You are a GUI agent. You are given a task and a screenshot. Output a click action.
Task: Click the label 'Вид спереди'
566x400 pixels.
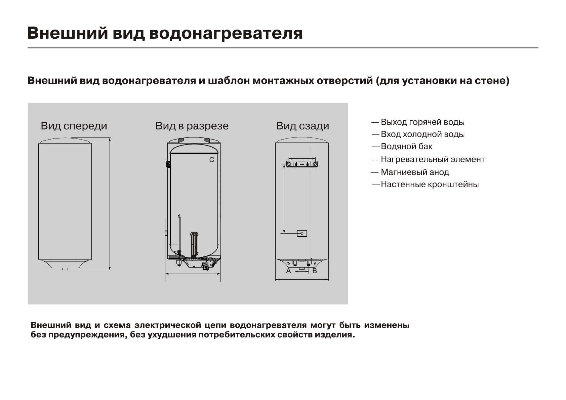tap(74, 126)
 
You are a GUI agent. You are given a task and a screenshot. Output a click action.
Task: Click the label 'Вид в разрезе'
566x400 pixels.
tap(192, 126)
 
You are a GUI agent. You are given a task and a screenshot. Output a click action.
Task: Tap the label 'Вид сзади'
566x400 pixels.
tap(302, 126)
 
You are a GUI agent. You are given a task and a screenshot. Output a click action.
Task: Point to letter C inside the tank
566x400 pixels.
tap(212, 160)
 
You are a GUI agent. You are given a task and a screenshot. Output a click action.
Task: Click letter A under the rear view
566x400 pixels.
tap(288, 271)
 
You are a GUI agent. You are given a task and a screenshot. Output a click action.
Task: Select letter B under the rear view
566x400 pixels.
tap(315, 271)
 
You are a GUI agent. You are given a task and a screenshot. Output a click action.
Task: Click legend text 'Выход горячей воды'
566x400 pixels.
tap(422, 122)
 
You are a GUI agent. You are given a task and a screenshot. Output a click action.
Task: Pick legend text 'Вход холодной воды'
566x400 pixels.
tap(422, 134)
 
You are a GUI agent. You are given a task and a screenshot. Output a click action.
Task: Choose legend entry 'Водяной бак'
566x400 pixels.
tap(406, 147)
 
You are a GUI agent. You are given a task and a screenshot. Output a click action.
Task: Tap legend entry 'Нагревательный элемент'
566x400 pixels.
tap(433, 159)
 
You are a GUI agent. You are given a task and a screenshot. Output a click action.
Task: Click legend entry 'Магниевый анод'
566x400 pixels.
tap(415, 172)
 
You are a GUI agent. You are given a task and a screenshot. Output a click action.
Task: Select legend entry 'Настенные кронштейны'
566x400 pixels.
tap(429, 185)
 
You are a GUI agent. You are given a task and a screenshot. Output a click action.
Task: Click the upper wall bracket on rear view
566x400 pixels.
tap(301, 164)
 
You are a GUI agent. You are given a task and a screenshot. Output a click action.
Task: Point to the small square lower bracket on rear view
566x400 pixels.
tap(302, 233)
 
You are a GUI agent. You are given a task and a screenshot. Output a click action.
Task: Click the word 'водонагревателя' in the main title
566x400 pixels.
tap(226, 33)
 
